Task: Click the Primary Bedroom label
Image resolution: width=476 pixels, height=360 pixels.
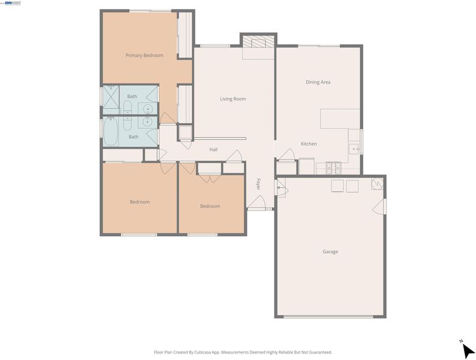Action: pyautogui.click(x=144, y=55)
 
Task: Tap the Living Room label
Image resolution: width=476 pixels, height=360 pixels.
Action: pyautogui.click(x=233, y=98)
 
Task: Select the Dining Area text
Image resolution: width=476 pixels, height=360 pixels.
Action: pyautogui.click(x=318, y=82)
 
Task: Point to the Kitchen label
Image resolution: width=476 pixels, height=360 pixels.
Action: pyautogui.click(x=309, y=143)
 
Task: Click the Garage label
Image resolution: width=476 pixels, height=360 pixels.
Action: pyautogui.click(x=330, y=251)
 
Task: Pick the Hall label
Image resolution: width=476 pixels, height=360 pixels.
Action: pyautogui.click(x=214, y=149)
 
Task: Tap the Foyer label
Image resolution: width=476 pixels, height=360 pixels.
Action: pyautogui.click(x=258, y=184)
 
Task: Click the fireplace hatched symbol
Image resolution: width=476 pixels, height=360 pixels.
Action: pyautogui.click(x=258, y=42)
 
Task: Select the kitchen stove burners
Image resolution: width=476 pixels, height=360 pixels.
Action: pyautogui.click(x=333, y=168)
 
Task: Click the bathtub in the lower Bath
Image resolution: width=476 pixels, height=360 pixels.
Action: pyautogui.click(x=110, y=131)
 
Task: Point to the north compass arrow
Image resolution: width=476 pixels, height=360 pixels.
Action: pyautogui.click(x=468, y=351)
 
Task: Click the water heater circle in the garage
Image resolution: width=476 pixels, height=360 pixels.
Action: pyautogui.click(x=377, y=184)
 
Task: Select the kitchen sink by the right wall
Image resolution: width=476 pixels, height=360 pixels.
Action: pyautogui.click(x=354, y=149)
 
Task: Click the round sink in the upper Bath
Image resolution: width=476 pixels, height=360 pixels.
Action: pyautogui.click(x=148, y=109)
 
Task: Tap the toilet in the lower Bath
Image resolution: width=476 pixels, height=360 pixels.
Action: pyautogui.click(x=127, y=124)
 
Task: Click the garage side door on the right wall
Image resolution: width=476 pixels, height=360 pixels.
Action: pyautogui.click(x=379, y=207)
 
